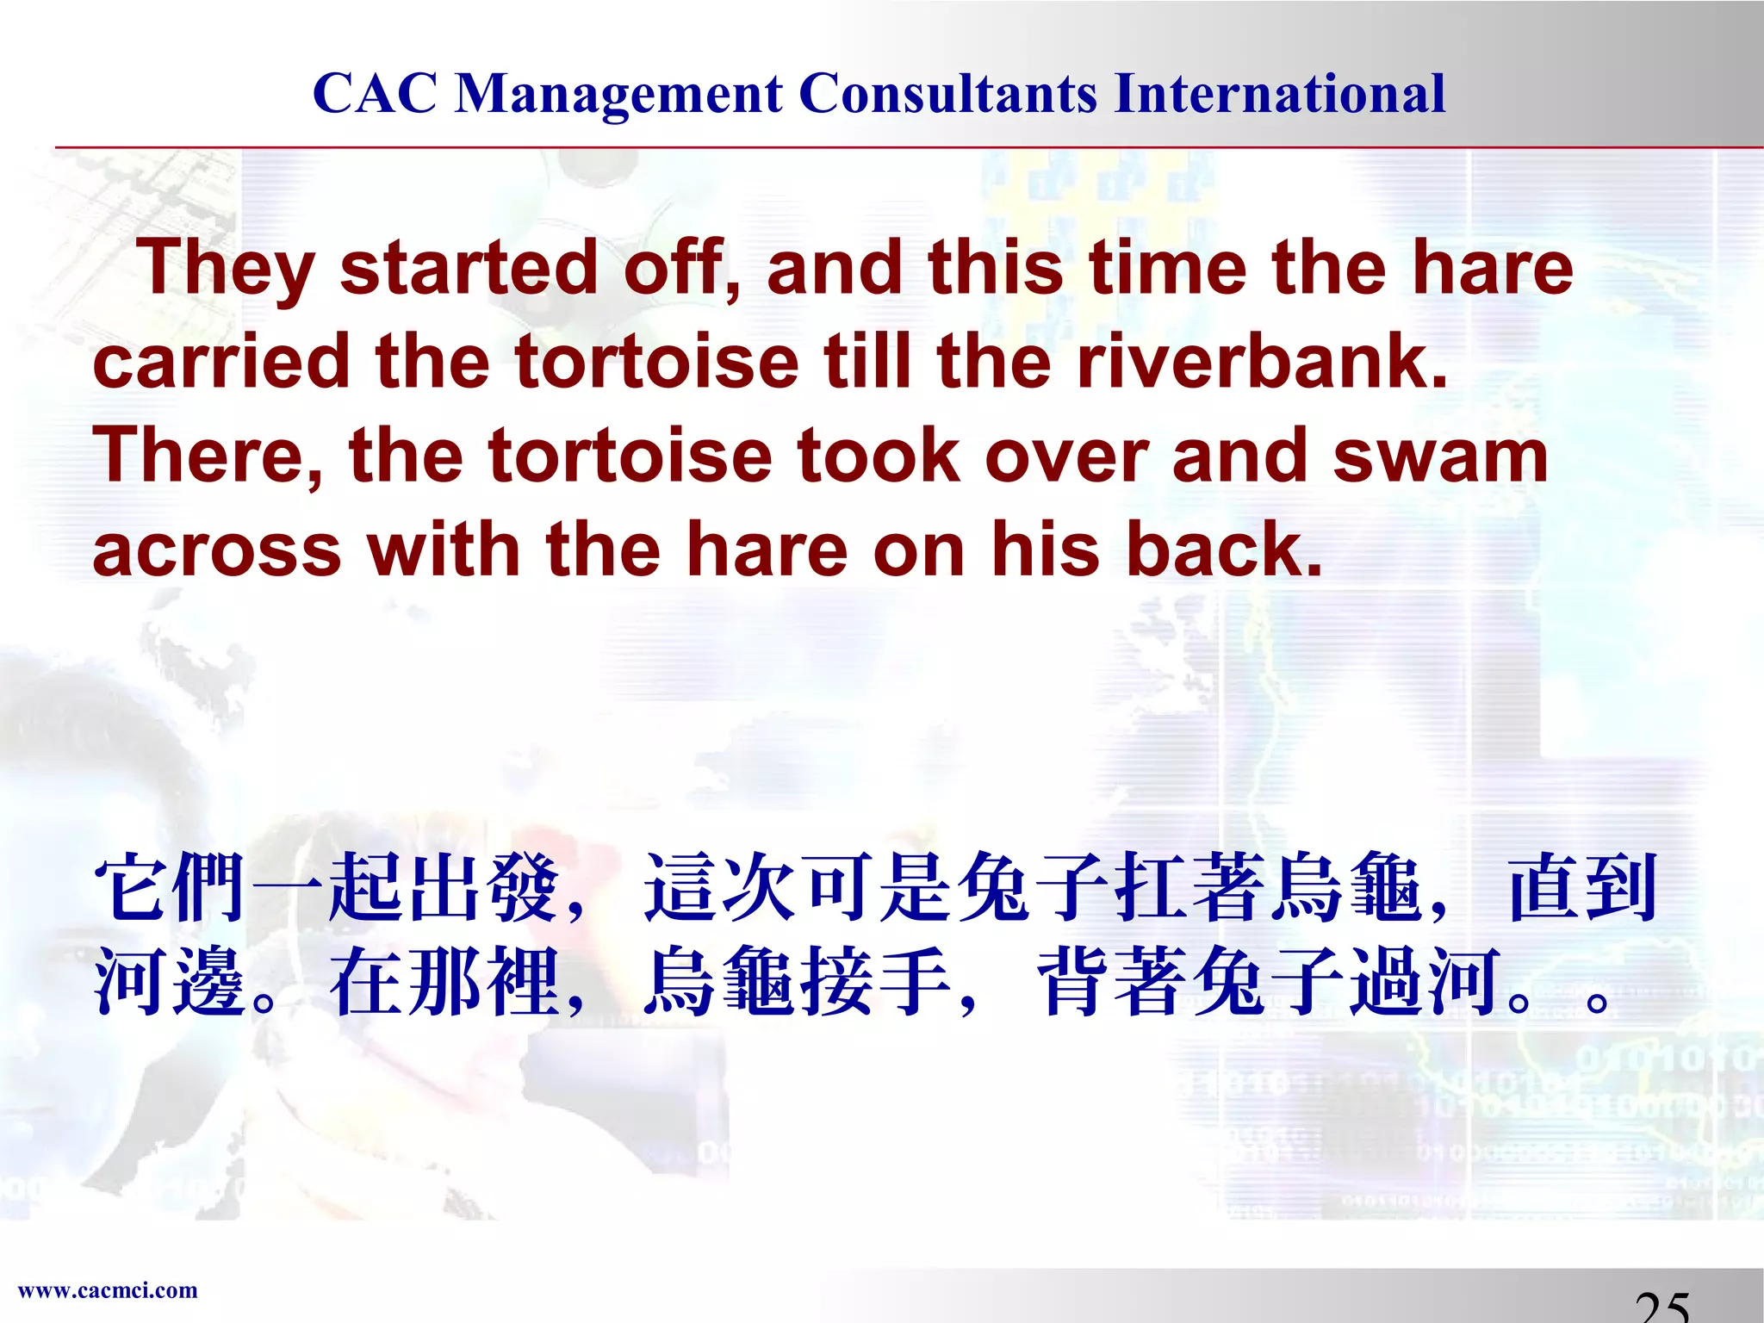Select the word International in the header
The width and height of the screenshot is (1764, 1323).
coord(1280,93)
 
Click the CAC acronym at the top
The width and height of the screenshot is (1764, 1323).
coord(375,93)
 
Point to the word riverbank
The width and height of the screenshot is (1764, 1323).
coord(1262,362)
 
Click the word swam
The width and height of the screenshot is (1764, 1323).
coord(1440,456)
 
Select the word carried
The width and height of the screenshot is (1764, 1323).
coord(220,362)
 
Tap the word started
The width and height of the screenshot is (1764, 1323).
coord(469,267)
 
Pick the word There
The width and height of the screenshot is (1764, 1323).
coord(207,456)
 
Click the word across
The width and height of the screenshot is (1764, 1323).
coord(216,550)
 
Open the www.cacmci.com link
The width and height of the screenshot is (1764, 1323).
coord(108,1290)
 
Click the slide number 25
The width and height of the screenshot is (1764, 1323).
coord(1662,1307)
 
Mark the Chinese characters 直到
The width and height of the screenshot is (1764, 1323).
coord(1583,887)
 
